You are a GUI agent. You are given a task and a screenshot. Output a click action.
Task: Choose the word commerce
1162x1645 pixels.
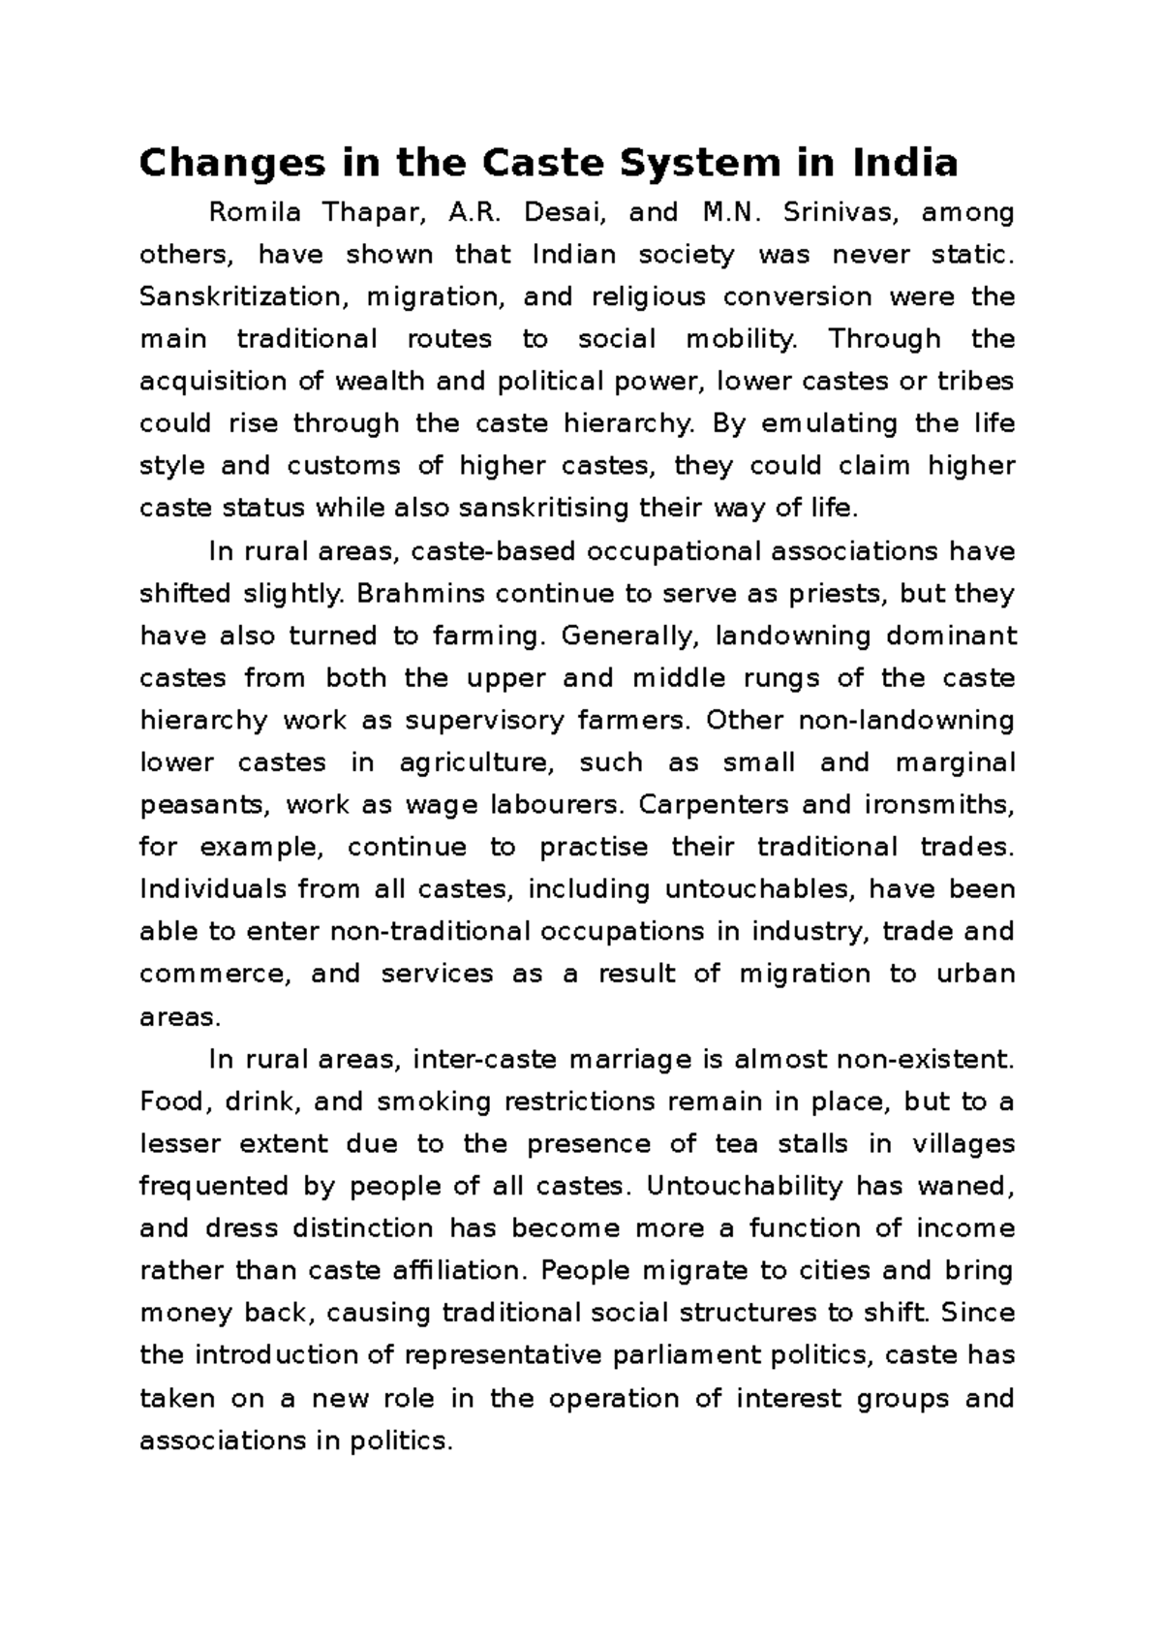coord(214,974)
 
